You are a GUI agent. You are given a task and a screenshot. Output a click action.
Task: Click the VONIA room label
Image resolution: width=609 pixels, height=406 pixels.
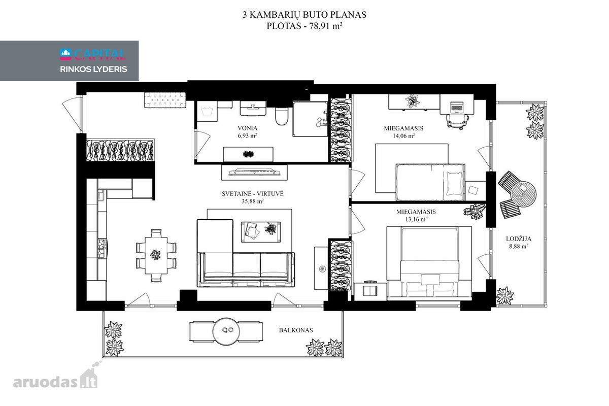click(247, 128)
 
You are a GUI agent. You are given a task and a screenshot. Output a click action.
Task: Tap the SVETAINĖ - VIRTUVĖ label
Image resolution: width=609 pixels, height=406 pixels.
click(253, 194)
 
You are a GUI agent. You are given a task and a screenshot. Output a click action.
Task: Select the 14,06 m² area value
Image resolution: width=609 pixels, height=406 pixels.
click(404, 136)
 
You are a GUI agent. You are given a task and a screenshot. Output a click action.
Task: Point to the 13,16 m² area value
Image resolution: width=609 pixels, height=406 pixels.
click(416, 219)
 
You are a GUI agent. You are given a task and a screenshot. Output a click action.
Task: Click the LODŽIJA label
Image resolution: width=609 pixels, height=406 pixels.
click(519, 239)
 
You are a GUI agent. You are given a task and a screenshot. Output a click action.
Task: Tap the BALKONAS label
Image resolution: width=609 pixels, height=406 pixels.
click(296, 330)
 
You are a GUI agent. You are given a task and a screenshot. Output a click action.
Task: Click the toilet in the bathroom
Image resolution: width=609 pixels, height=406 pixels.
click(281, 116)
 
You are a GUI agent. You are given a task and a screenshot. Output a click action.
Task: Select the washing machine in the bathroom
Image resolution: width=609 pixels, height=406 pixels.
click(207, 111)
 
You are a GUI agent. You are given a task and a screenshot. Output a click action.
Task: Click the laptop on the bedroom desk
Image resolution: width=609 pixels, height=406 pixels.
click(457, 107)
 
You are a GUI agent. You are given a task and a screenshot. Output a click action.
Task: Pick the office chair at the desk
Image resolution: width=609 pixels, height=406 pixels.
click(458, 121)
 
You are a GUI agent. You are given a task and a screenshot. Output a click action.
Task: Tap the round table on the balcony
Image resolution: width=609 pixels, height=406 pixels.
click(226, 331)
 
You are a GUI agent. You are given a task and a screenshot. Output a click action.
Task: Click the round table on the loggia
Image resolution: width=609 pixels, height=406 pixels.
click(523, 194)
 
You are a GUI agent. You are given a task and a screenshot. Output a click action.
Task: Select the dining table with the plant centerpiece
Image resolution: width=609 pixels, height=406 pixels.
click(156, 255)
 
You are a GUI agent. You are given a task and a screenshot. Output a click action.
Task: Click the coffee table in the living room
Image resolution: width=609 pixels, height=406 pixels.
click(261, 232)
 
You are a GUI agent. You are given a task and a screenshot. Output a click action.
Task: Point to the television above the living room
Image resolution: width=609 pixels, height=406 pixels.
click(254, 172)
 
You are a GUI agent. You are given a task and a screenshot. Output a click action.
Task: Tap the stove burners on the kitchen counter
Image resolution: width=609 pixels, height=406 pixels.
click(102, 248)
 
